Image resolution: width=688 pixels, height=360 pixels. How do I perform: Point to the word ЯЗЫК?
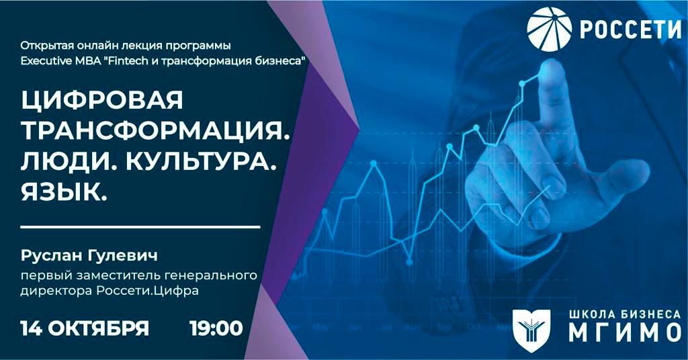tap(64, 191)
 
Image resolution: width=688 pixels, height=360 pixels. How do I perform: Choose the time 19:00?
tap(216, 328)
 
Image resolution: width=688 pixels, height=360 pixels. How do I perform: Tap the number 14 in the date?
tap(31, 328)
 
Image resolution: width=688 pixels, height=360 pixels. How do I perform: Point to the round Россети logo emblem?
tap(550, 29)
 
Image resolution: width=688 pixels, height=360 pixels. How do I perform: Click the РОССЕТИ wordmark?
tap(630, 29)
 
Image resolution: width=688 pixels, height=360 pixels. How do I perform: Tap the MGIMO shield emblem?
tap(531, 325)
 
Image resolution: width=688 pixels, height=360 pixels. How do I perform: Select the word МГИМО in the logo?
tap(625, 332)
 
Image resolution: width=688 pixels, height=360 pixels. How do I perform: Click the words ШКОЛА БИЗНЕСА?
tap(625, 314)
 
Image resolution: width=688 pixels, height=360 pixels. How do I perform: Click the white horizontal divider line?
tap(140, 227)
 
